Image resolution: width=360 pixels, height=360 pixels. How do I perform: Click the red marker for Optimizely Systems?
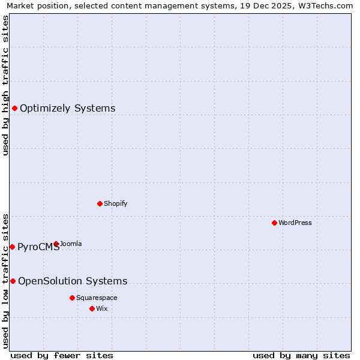pyautogui.click(x=14, y=108)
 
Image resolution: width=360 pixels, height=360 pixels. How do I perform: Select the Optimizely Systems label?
pyautogui.click(x=67, y=109)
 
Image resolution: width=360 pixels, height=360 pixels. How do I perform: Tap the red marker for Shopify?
pyautogui.click(x=100, y=203)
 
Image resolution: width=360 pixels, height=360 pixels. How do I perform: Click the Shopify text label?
pyautogui.click(x=115, y=203)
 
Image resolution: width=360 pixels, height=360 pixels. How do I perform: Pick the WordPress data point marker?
pyautogui.click(x=274, y=223)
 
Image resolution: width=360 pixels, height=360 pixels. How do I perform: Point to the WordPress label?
pyautogui.click(x=295, y=223)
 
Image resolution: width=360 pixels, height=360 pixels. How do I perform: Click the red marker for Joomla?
pyautogui.click(x=56, y=244)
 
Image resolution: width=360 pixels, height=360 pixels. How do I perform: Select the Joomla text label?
pyautogui.click(x=71, y=244)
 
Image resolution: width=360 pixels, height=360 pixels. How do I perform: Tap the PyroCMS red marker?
pyautogui.click(x=12, y=247)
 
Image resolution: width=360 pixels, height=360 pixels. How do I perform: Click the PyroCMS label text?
pyautogui.click(x=38, y=247)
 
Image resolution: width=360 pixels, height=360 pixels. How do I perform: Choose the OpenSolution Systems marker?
pyautogui.click(x=13, y=281)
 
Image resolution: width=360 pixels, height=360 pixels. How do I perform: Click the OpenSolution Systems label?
pyautogui.click(x=73, y=281)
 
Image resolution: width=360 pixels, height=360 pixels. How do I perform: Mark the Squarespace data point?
pyautogui.click(x=72, y=298)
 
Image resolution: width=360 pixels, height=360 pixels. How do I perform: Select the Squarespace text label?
pyautogui.click(x=97, y=298)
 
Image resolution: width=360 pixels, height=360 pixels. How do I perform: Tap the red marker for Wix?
pyautogui.click(x=92, y=308)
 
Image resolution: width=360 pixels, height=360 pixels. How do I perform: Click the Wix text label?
pyautogui.click(x=101, y=308)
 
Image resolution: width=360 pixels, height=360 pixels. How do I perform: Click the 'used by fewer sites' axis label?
pyautogui.click(x=62, y=355)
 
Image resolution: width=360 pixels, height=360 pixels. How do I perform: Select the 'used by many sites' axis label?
pyautogui.click(x=301, y=355)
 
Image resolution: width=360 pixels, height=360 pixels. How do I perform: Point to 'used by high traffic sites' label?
pyautogui.click(x=5, y=85)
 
